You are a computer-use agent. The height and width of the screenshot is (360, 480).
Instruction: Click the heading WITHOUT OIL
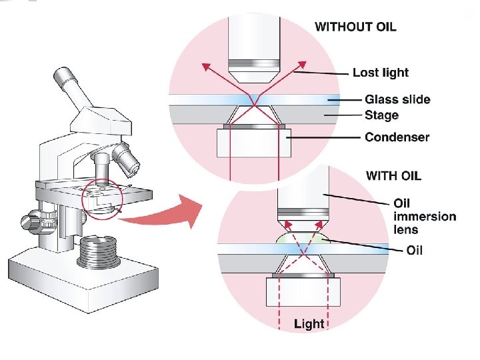pyautogui.click(x=355, y=27)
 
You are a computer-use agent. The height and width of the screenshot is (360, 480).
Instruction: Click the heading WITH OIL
pyautogui.click(x=394, y=177)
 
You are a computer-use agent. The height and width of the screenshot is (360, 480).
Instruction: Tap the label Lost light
pyautogui.click(x=381, y=72)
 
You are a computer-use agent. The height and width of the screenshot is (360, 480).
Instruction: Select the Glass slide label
pyautogui.click(x=397, y=100)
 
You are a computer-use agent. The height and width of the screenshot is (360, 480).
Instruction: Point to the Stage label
pyautogui.click(x=381, y=115)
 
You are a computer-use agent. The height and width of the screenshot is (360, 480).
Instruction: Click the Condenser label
pyautogui.click(x=397, y=137)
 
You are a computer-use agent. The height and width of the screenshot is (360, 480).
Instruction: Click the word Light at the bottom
pyautogui.click(x=309, y=324)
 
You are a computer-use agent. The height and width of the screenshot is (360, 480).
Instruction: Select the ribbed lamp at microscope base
pyautogui.click(x=99, y=252)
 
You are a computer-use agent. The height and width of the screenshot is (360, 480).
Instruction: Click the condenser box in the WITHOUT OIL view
pyautogui.click(x=253, y=142)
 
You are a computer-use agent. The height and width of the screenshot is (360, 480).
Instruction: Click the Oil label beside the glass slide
pyautogui.click(x=414, y=251)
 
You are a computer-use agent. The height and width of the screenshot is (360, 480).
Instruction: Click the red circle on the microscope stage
pyautogui.click(x=102, y=199)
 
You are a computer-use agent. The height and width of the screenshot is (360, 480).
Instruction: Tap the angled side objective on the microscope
pyautogui.click(x=126, y=157)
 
